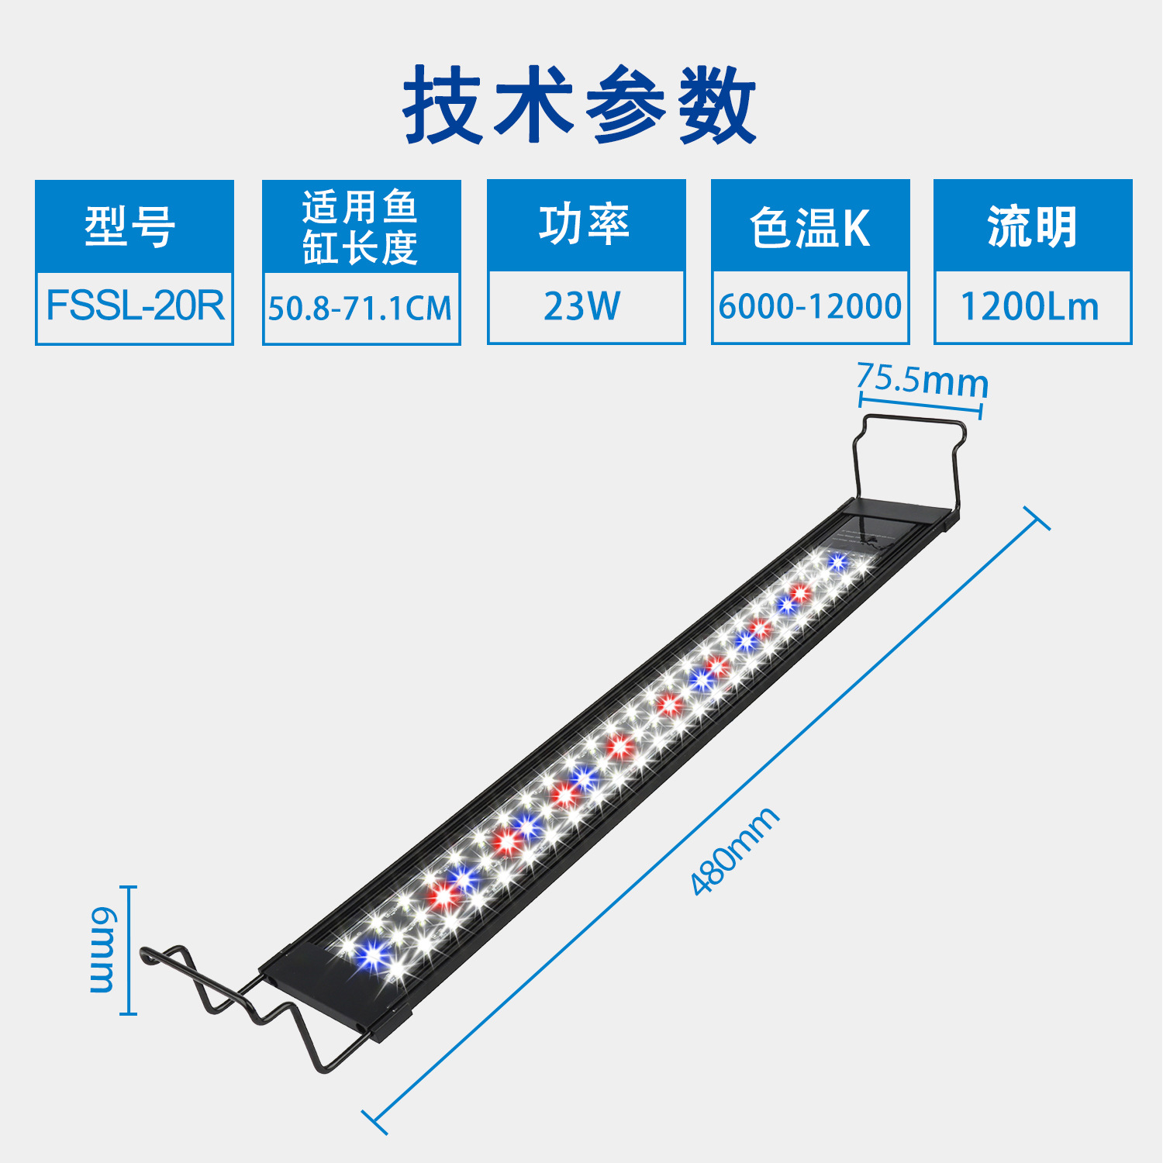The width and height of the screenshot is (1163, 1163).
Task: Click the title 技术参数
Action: pos(580,105)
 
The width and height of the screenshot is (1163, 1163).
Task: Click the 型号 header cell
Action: pos(133,226)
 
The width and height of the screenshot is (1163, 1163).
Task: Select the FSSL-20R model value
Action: pos(134,306)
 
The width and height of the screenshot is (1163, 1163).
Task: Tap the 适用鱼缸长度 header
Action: pos(361,226)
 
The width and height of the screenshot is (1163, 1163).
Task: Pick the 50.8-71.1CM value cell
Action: pos(361,308)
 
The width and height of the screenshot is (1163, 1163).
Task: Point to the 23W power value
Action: pos(583,306)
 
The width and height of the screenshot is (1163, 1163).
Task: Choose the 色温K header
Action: pos(810,226)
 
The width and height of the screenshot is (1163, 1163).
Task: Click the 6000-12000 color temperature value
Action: pos(810,306)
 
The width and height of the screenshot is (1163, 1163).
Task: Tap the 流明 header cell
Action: pos(1032,226)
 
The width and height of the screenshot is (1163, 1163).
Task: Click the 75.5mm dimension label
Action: pos(923,380)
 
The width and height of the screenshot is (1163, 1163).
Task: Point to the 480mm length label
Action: pos(734,851)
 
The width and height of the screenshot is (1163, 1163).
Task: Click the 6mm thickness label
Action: pos(102,950)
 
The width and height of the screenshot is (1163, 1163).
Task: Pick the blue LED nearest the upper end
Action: pos(837,561)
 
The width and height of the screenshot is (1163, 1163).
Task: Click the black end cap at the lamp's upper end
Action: pos(899,518)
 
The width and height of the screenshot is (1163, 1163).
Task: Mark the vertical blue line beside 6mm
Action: pos(130,950)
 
